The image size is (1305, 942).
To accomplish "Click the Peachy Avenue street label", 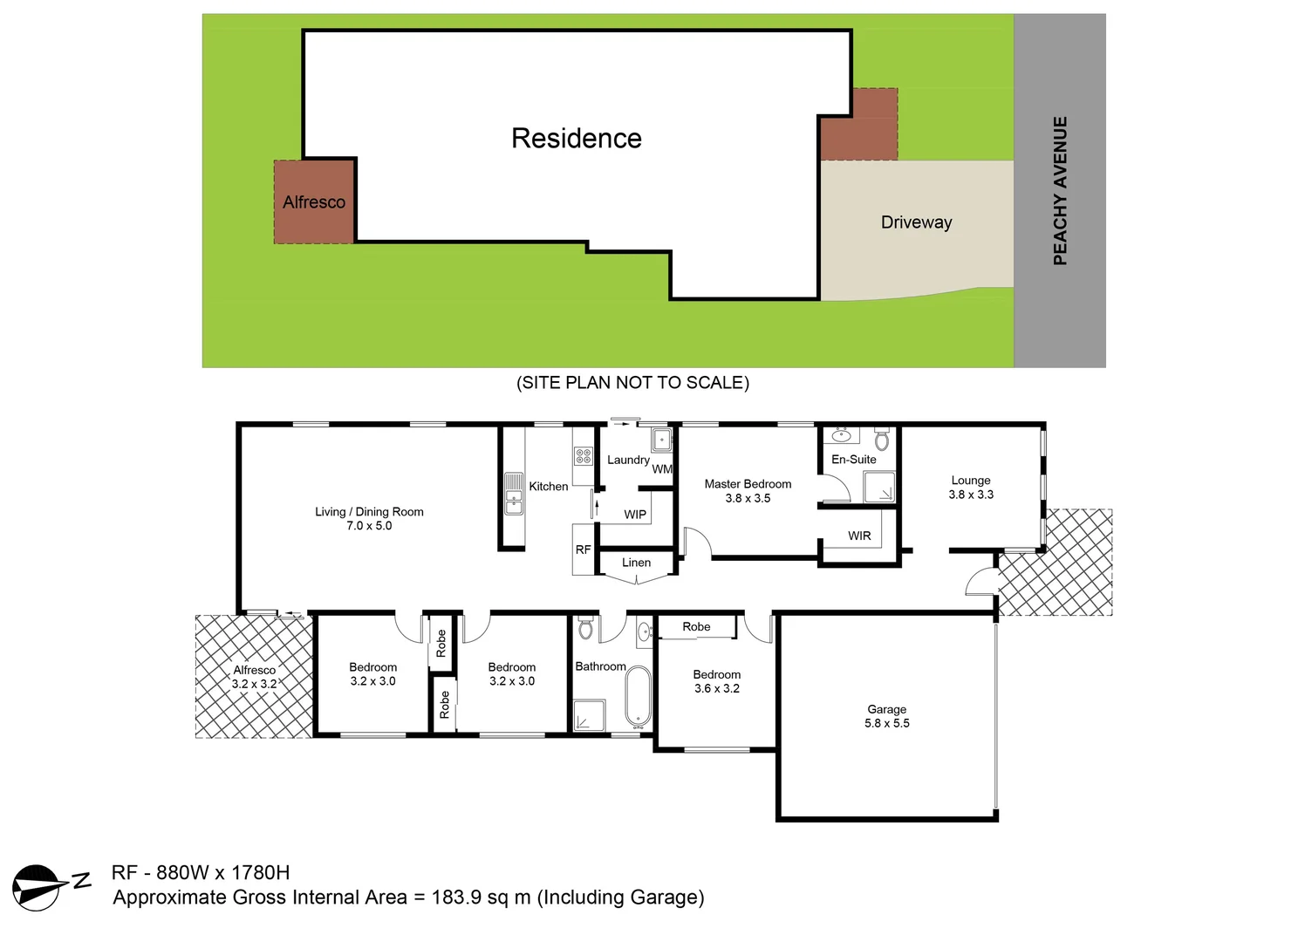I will click(1060, 190).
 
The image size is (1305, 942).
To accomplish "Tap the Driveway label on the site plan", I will click(916, 222).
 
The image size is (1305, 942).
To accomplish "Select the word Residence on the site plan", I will click(576, 139).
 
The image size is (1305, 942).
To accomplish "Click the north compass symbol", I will click(38, 888).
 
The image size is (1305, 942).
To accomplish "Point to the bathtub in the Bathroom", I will click(638, 697).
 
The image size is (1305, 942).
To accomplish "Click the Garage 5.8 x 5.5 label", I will click(886, 716).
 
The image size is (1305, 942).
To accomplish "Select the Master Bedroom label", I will click(748, 484).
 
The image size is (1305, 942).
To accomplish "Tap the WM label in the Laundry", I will click(662, 469).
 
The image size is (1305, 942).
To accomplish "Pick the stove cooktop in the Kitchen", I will click(583, 455).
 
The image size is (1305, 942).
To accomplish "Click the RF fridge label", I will click(583, 549).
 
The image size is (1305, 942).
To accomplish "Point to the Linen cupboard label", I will click(636, 563).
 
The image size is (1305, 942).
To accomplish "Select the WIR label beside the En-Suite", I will click(859, 536).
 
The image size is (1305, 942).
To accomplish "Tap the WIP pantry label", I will click(635, 515).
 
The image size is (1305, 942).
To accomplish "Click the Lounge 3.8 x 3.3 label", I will click(971, 488).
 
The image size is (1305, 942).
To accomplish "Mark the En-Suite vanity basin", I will click(842, 435).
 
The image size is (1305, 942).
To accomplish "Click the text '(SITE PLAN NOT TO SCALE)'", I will click(632, 383).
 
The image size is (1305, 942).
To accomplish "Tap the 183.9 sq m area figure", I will click(481, 898).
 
